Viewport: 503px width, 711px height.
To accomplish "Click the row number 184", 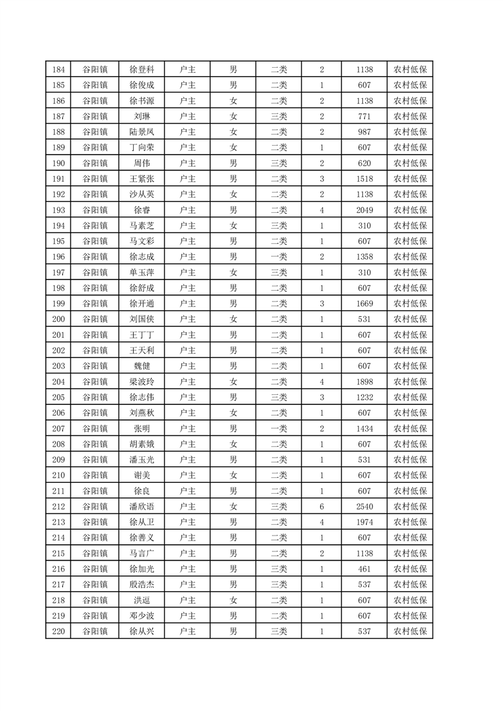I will [x=58, y=70].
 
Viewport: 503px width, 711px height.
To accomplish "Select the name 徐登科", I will [x=141, y=70].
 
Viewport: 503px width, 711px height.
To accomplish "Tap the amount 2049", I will [x=364, y=210].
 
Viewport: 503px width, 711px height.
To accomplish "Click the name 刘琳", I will [x=141, y=117].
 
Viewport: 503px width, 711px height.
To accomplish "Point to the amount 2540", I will [x=364, y=506].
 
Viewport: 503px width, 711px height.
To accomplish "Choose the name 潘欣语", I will [x=141, y=506].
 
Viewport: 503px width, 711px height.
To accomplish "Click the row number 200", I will [x=58, y=319].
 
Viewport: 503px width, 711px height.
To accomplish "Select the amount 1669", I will [x=364, y=304].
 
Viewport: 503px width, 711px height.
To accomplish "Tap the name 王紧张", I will [x=141, y=179].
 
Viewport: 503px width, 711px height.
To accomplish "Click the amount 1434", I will [x=364, y=428].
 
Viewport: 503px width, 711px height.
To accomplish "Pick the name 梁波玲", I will [x=141, y=381].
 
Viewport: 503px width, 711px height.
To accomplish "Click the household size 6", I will [x=322, y=506].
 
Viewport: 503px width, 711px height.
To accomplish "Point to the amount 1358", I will [x=364, y=257].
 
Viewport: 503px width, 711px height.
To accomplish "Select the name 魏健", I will [x=141, y=366].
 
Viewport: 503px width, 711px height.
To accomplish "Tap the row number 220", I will [x=58, y=631].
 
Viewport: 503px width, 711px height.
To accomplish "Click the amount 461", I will [x=364, y=568].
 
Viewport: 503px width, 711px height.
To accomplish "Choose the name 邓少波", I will [x=141, y=615].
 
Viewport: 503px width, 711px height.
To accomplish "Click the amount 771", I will [x=364, y=117].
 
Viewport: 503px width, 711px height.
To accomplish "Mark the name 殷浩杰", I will [x=141, y=584].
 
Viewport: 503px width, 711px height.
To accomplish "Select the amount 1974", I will [x=364, y=522].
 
